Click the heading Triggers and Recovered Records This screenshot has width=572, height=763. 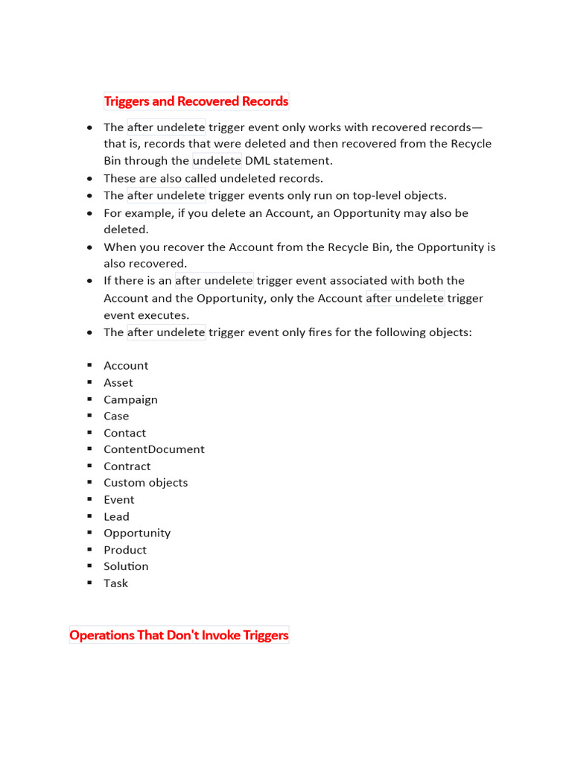click(196, 101)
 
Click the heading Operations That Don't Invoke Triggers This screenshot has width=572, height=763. click(179, 635)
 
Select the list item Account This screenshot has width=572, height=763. click(126, 365)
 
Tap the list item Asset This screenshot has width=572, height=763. click(118, 382)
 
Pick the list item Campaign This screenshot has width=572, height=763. click(130, 399)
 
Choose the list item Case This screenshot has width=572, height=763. click(116, 416)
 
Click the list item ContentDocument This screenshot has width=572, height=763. click(153, 449)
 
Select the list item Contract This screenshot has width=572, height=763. click(127, 466)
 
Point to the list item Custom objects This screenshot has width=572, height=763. click(145, 482)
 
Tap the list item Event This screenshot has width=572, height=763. click(119, 499)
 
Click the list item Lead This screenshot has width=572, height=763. click(116, 516)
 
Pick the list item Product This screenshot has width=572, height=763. click(125, 550)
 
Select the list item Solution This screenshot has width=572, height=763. click(126, 566)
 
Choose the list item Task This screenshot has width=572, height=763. click(115, 583)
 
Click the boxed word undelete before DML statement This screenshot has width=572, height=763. click(217, 160)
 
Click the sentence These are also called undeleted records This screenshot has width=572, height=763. click(213, 178)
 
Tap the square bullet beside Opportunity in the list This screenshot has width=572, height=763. click(89, 533)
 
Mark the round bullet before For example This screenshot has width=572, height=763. click(89, 213)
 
